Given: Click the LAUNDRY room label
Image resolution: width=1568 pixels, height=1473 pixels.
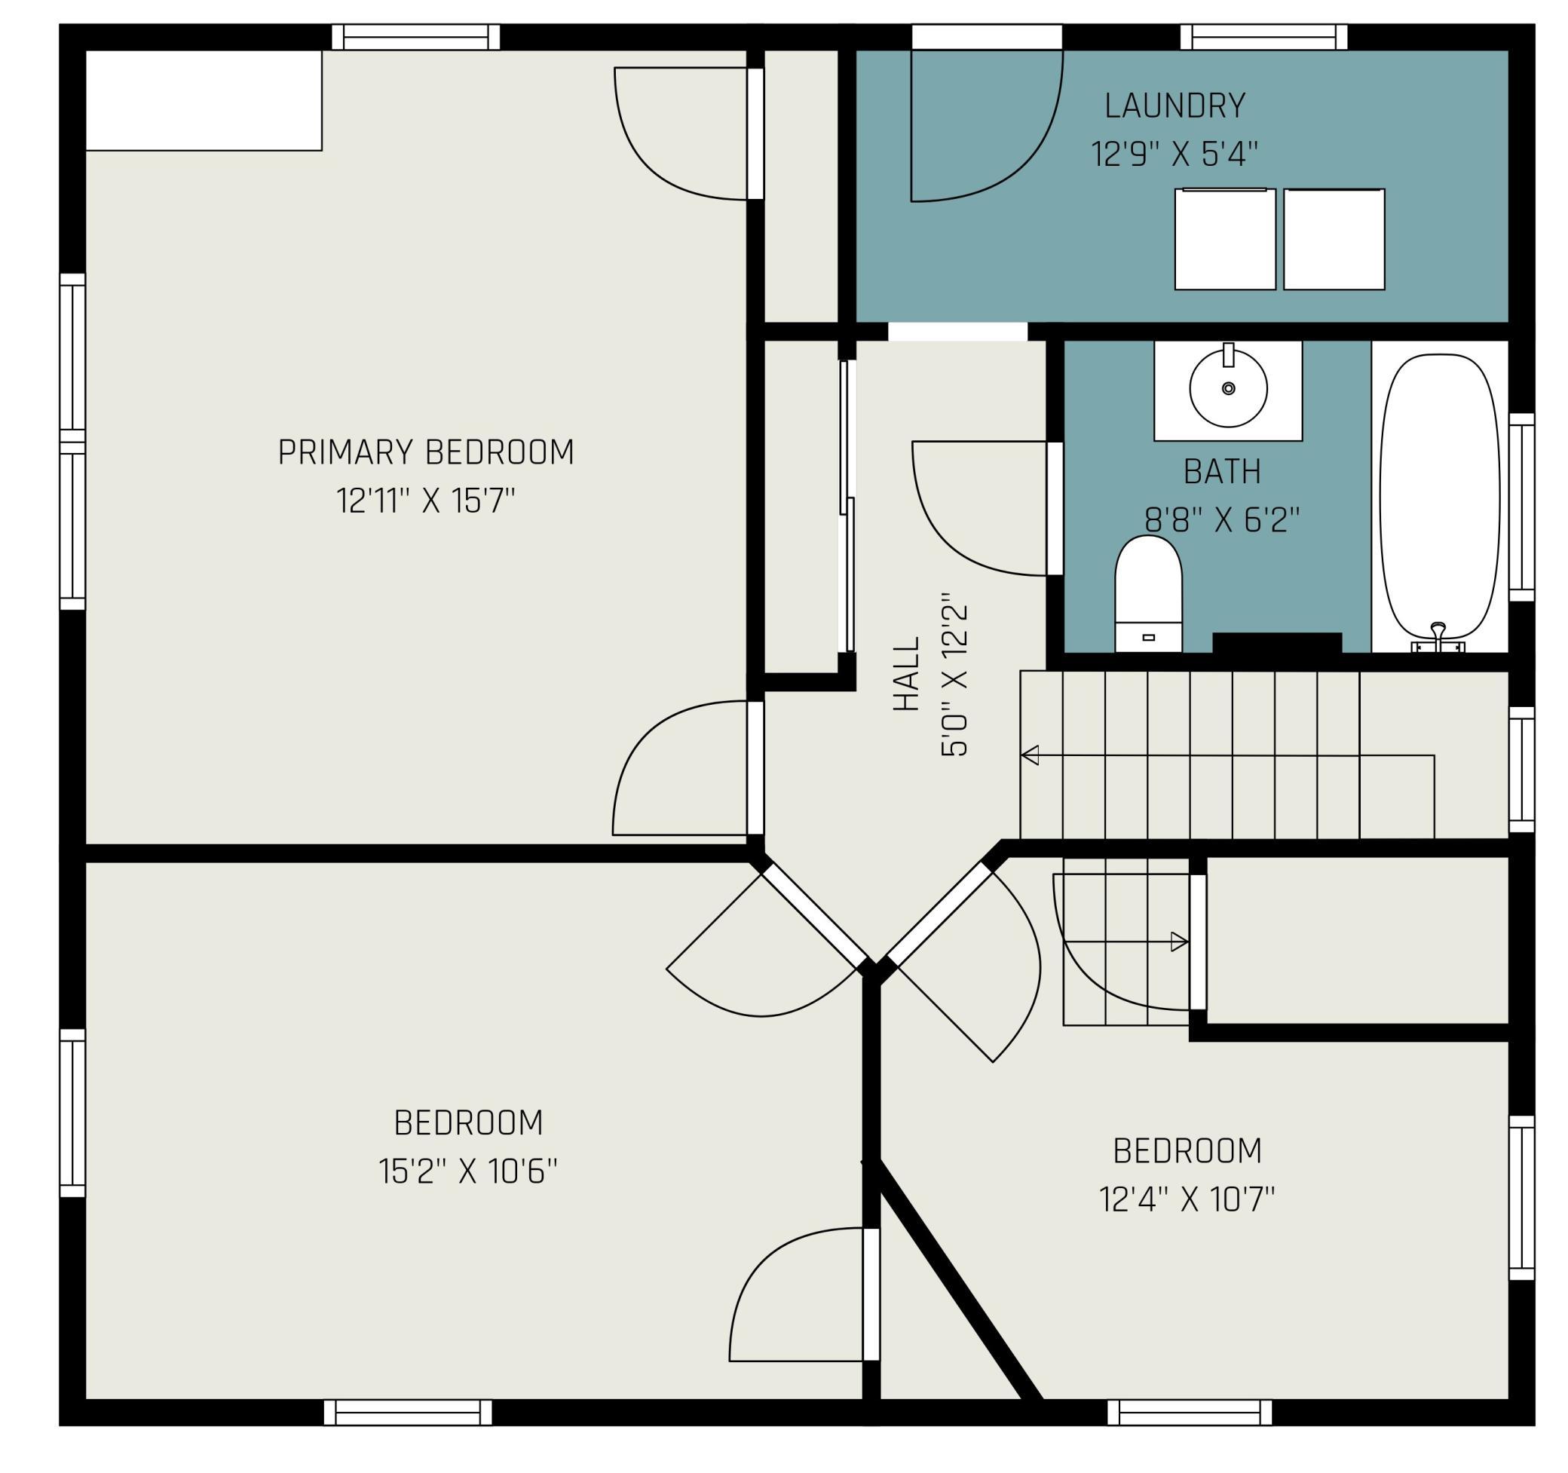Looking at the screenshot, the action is click(x=1174, y=106).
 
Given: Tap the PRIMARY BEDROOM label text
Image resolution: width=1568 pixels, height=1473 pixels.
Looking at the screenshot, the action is click(x=426, y=452).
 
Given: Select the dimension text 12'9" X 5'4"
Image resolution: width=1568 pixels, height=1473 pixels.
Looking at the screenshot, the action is click(x=1174, y=154).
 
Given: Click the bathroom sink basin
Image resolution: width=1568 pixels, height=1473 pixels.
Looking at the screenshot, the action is click(x=1228, y=389).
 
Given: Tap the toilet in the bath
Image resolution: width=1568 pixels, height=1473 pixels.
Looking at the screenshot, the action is click(x=1148, y=594).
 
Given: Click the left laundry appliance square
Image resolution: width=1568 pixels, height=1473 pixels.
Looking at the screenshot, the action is click(x=1225, y=239).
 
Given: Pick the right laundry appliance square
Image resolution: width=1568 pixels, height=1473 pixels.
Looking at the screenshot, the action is click(x=1334, y=239).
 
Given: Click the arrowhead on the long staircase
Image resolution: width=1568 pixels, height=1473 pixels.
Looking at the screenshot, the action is click(x=1030, y=755).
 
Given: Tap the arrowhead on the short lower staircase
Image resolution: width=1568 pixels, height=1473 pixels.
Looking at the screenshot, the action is click(x=1180, y=942).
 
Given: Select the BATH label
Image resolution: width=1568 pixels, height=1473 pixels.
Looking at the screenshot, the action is click(x=1223, y=472).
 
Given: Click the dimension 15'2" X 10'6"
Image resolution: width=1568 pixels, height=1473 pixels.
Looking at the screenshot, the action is click(x=467, y=1171).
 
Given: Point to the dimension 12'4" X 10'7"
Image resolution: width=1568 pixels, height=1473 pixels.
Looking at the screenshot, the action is click(x=1187, y=1200).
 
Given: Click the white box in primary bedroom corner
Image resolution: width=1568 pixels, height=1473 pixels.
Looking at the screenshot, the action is click(x=204, y=100).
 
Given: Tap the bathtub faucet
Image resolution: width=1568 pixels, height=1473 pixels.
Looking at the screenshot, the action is click(x=1438, y=637).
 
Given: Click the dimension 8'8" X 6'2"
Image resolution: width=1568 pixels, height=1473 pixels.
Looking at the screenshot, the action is click(x=1222, y=519).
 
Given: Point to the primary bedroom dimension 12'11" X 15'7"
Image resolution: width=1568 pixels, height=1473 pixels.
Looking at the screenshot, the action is click(x=426, y=501).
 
